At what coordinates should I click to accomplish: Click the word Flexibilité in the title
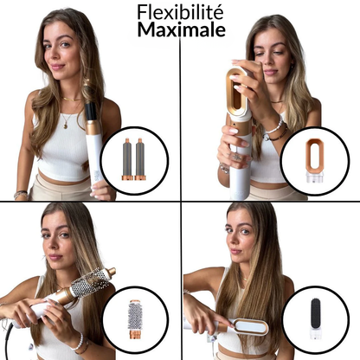click(179, 11)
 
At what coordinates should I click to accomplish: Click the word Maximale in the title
click(179, 29)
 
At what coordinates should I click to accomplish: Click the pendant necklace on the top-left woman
click(66, 123)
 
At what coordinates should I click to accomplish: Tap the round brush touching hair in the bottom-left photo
click(90, 284)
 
